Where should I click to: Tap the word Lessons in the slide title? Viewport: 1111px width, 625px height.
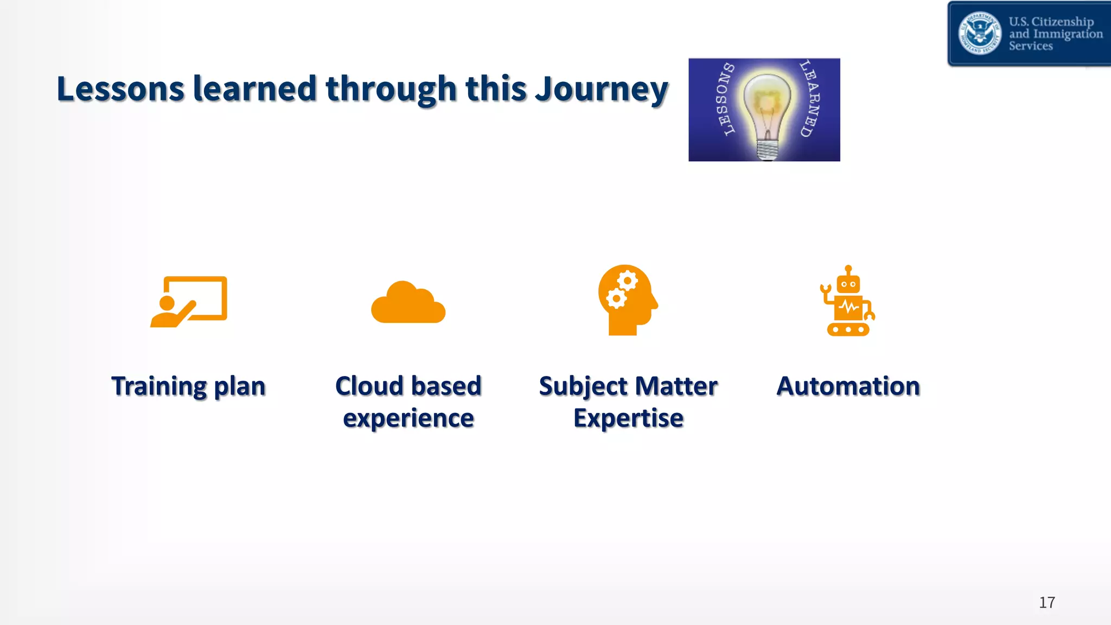click(120, 89)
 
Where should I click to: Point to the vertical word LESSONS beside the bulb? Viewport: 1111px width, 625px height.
click(724, 99)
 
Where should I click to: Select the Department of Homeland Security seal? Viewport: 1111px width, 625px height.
click(979, 33)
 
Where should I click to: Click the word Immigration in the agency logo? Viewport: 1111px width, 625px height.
click(1068, 34)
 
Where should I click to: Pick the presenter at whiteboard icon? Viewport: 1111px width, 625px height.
click(188, 302)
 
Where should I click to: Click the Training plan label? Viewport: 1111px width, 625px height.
click(188, 386)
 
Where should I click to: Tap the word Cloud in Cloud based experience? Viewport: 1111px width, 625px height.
click(369, 386)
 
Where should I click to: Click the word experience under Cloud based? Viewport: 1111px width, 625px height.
click(408, 418)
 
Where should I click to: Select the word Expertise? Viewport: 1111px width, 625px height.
click(628, 418)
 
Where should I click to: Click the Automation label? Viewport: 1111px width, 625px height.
click(848, 386)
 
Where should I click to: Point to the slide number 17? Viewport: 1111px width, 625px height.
click(1046, 602)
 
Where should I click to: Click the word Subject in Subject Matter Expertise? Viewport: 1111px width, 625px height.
click(583, 386)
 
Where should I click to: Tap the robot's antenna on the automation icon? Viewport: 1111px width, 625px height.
click(848, 270)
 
